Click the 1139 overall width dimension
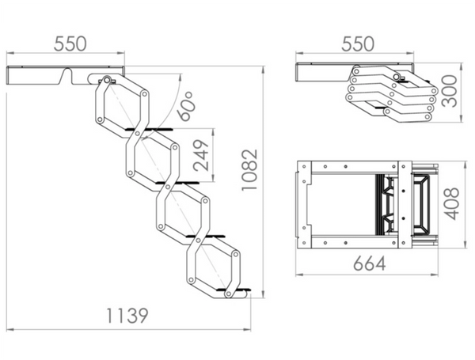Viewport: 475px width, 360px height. click(127, 316)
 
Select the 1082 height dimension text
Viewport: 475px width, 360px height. click(249, 170)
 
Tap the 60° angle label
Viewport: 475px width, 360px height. click(185, 106)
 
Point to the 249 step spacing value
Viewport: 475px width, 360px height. click(201, 155)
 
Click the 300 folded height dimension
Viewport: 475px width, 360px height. click(449, 91)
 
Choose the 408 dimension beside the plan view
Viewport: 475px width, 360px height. click(451, 204)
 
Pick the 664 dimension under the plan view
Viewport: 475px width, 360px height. click(370, 263)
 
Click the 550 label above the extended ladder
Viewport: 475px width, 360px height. click(70, 44)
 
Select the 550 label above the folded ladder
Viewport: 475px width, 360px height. click(358, 44)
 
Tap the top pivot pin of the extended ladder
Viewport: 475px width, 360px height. click(106, 80)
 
